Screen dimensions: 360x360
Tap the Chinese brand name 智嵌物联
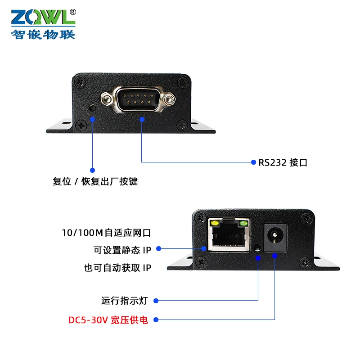(x=43, y=34)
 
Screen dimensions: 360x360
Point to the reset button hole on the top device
(x=93, y=108)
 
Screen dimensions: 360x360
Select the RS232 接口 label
(x=283, y=162)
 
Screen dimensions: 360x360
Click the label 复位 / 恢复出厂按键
(x=95, y=182)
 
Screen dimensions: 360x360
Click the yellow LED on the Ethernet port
(x=215, y=223)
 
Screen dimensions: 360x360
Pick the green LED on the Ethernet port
(x=243, y=223)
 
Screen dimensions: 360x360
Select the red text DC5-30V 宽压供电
(x=108, y=320)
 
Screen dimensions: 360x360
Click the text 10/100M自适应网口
(x=106, y=233)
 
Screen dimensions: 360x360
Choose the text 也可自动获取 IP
(x=117, y=268)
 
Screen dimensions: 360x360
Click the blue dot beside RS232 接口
(x=253, y=162)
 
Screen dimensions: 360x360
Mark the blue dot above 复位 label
(x=93, y=171)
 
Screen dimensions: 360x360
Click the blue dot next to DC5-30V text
(x=157, y=320)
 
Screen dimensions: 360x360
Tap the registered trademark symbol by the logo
(x=73, y=12)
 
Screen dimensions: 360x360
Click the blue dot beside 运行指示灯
(x=157, y=300)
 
